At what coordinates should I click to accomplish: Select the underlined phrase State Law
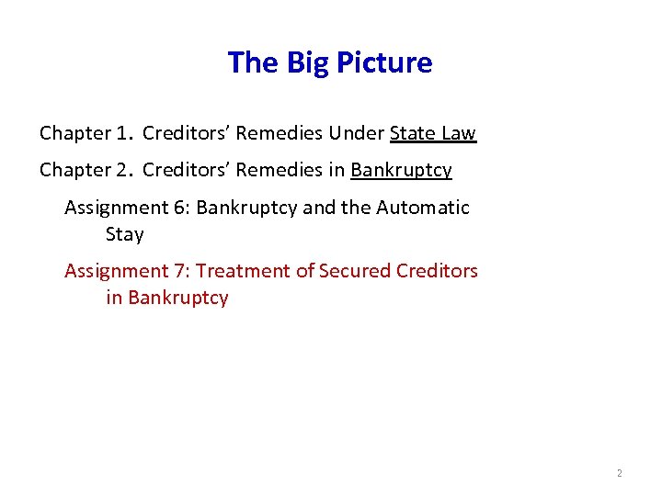[x=433, y=133]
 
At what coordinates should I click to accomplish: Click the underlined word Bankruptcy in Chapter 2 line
[x=401, y=171]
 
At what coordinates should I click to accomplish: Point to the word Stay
[x=125, y=234]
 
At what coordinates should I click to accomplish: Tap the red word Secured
[x=353, y=271]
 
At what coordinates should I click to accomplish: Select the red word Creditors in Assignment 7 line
[x=438, y=271]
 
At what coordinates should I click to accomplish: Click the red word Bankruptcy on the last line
[x=178, y=298]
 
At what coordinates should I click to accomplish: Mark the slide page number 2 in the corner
[x=619, y=473]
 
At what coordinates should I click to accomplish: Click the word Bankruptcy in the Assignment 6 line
[x=246, y=208]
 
